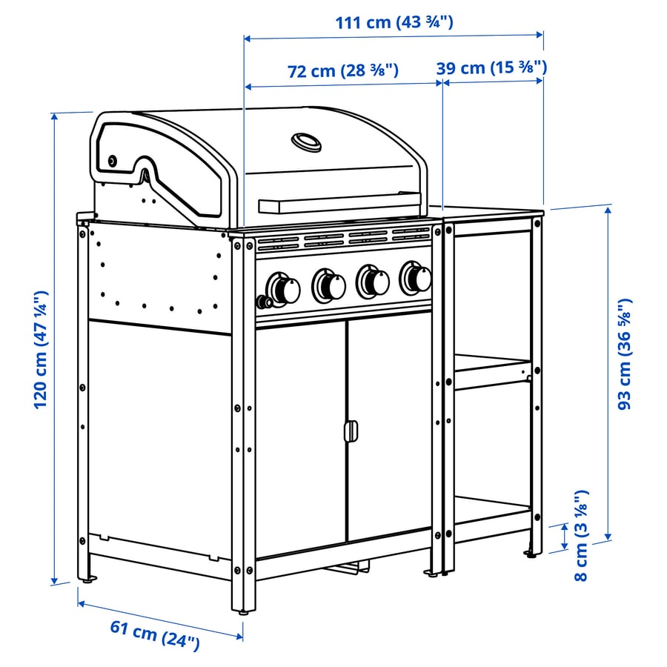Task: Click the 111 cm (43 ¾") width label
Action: click(394, 21)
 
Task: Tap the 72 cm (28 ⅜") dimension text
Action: click(344, 71)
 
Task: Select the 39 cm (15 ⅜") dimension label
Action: click(492, 67)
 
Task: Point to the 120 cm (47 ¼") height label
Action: click(42, 348)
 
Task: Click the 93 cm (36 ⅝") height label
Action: click(625, 354)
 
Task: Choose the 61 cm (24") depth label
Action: click(156, 636)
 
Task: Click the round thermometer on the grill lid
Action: click(306, 141)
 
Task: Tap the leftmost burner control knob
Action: click(282, 287)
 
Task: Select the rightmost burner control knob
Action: click(417, 278)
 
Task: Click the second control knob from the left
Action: click(329, 284)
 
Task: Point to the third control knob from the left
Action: click(374, 281)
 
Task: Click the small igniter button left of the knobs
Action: click(262, 301)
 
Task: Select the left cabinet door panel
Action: click(300, 437)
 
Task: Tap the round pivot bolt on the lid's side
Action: click(113, 161)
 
